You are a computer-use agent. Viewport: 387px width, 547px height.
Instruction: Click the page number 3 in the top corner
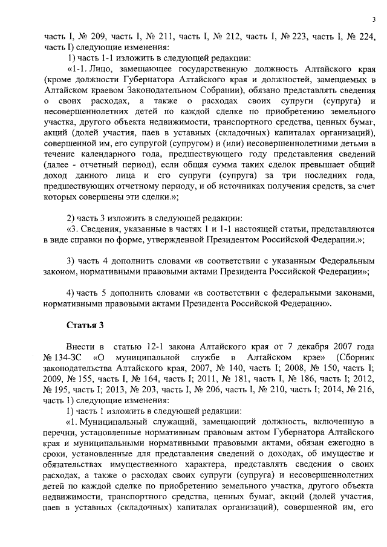coord(374,21)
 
